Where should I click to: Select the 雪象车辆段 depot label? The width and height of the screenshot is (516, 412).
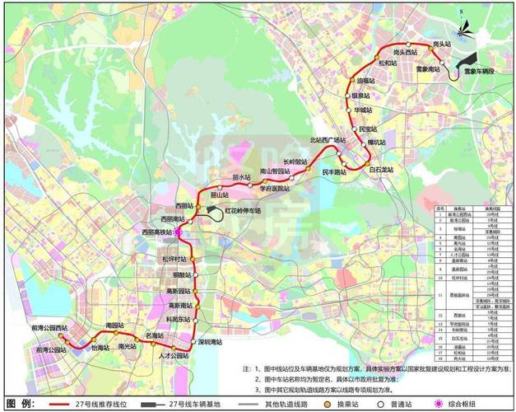[x=481, y=73]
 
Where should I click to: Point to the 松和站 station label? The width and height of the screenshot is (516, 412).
[x=388, y=63]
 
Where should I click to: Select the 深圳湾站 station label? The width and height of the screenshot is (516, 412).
[x=212, y=340]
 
